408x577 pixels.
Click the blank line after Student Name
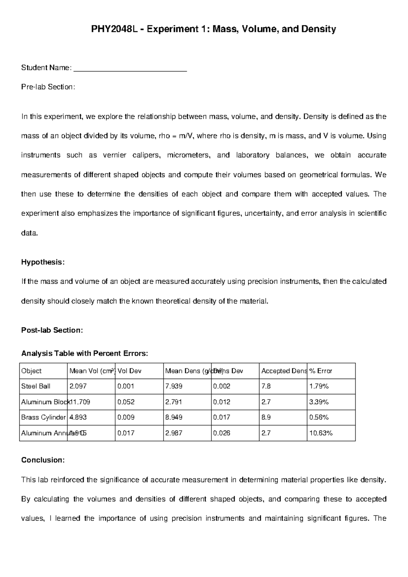point(130,70)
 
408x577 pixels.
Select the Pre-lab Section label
point(48,87)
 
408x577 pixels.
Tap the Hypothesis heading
point(42,262)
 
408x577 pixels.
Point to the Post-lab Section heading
point(52,330)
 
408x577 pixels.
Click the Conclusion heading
point(43,460)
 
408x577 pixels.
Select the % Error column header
point(321,371)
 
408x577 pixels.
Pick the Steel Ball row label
point(36,386)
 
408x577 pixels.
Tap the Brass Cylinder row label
point(43,417)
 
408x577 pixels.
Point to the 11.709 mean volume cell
point(80,402)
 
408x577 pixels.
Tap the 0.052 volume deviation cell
point(126,402)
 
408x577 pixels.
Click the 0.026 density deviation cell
point(222,433)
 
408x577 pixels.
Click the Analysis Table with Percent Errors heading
point(85,353)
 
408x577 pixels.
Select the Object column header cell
point(31,371)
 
